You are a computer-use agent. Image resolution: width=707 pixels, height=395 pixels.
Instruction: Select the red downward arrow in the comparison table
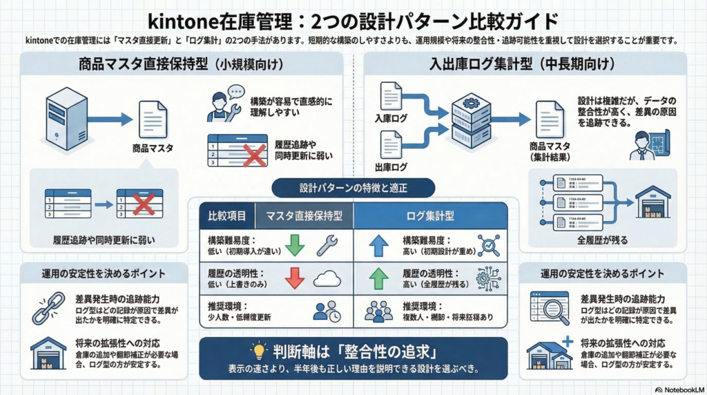pyautogui.click(x=294, y=278)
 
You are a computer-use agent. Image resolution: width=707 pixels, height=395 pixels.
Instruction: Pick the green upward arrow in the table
pyautogui.click(x=378, y=278)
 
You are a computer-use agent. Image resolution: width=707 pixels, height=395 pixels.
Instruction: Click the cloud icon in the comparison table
pyautogui.click(x=327, y=278)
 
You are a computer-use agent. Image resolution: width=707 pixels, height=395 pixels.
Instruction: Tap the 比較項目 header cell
pyautogui.click(x=227, y=215)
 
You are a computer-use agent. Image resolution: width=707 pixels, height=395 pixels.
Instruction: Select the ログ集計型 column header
pyautogui.click(x=430, y=215)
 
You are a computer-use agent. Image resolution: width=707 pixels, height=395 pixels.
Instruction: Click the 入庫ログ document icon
pyautogui.click(x=391, y=97)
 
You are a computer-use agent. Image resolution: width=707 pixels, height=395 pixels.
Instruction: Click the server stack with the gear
pyautogui.click(x=471, y=122)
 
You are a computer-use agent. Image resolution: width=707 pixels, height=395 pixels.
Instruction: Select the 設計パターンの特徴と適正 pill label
pyautogui.click(x=344, y=187)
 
